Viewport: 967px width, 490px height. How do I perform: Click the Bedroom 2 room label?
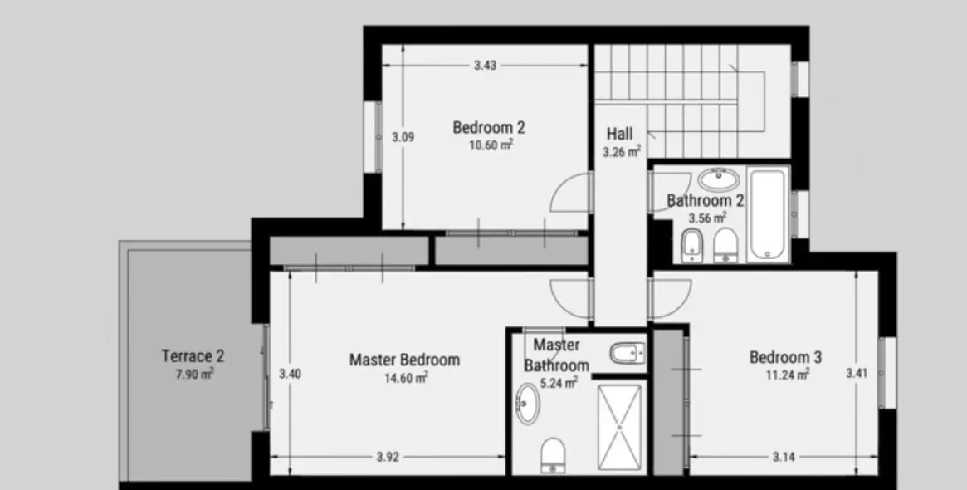[x=489, y=128]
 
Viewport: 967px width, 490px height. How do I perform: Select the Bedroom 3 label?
[x=785, y=357]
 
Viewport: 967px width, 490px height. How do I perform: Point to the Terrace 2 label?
[x=193, y=356]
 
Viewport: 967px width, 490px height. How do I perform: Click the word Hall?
[x=619, y=134]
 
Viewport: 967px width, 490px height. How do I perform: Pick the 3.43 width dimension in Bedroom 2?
[x=485, y=66]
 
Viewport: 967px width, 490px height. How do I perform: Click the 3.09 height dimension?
[x=403, y=137]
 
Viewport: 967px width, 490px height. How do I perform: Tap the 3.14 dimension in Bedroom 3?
[x=784, y=456]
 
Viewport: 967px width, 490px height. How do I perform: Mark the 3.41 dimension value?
[x=857, y=373]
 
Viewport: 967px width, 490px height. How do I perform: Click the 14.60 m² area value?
[x=406, y=378]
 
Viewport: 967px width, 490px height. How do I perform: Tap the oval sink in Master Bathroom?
[x=526, y=404]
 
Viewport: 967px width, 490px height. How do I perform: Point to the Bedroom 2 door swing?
[x=569, y=196]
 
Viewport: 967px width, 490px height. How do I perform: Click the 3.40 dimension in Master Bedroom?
[x=290, y=374]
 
